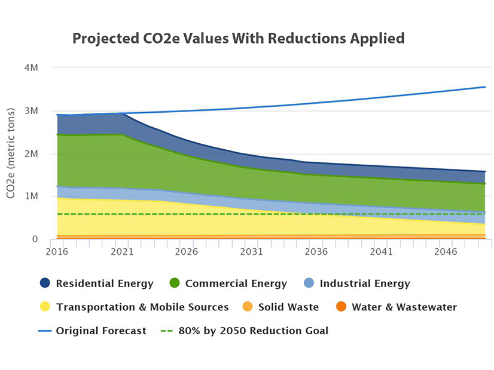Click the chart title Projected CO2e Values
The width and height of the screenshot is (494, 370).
pos(239,39)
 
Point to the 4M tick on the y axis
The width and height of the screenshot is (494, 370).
pos(31,68)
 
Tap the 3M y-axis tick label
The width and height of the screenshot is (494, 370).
pos(31,111)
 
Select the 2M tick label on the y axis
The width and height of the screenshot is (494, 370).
pos(31,154)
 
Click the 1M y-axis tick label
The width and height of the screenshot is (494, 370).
pos(31,196)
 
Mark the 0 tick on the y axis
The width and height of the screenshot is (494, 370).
pos(35,239)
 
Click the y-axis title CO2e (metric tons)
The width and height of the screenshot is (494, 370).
pos(12,153)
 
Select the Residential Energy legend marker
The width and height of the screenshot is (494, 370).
pos(45,283)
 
